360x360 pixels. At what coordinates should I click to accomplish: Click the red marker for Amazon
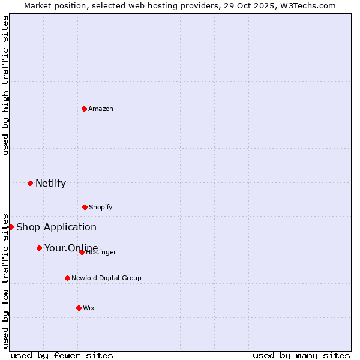(x=84, y=109)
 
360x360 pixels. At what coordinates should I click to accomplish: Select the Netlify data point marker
(x=30, y=183)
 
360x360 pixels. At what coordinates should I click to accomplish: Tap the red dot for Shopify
(x=85, y=207)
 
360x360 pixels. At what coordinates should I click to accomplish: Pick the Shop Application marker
(x=11, y=227)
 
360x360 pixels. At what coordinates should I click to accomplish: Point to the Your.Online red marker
(x=39, y=248)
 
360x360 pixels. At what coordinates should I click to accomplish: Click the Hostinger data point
(x=82, y=252)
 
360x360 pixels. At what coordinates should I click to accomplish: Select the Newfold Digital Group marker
(x=67, y=278)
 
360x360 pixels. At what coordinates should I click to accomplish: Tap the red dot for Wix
(x=79, y=308)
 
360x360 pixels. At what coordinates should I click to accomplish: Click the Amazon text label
(x=101, y=109)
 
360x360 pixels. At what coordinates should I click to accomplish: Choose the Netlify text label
(x=50, y=184)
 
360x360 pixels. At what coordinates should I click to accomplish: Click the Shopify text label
(x=101, y=207)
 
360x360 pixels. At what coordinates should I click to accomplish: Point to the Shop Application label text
(x=56, y=227)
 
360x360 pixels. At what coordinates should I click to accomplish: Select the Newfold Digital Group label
(x=106, y=278)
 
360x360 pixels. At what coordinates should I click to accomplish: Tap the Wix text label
(x=89, y=308)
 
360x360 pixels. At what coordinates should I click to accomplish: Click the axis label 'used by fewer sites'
(x=62, y=355)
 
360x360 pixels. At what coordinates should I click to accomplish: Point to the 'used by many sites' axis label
(x=301, y=355)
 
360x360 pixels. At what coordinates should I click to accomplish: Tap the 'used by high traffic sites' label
(x=5, y=85)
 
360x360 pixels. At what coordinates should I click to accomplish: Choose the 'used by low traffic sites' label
(x=5, y=280)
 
